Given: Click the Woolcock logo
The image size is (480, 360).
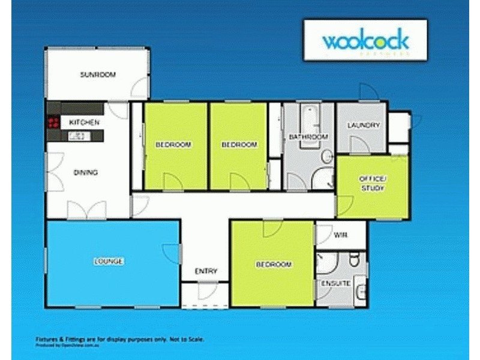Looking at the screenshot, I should [x=365, y=41].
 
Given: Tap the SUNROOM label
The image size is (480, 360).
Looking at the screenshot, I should [x=98, y=75].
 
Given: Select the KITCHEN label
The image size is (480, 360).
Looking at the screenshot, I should [x=84, y=122].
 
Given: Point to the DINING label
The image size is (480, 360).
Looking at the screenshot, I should [x=85, y=173].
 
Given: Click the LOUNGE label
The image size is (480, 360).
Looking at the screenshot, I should [x=108, y=262].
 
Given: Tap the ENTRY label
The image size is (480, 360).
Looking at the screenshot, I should [x=206, y=272].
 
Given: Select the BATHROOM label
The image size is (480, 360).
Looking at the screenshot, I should [x=308, y=137].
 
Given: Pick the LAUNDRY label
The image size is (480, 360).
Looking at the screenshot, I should [x=364, y=125].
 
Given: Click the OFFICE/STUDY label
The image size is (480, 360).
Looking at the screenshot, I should [x=373, y=184].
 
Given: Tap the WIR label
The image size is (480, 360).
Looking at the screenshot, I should [x=340, y=235].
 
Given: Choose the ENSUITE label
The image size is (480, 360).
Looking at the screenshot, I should [x=335, y=283].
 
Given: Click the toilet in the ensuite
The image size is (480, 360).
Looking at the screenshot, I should [x=354, y=259].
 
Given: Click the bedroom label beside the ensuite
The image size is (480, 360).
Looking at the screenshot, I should [x=274, y=265].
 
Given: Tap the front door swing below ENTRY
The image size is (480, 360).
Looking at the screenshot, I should [x=207, y=290].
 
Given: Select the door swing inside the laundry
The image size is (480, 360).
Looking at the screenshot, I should [x=359, y=144].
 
